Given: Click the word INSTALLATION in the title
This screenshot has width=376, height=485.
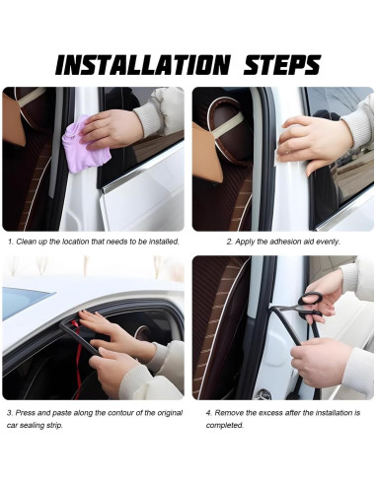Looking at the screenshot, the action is click(x=142, y=65).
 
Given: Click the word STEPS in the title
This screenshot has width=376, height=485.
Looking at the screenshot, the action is click(x=282, y=65).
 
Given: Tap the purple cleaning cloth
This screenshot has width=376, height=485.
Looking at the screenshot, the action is click(x=87, y=146).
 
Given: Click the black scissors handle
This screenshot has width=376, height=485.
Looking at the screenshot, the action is click(x=311, y=299).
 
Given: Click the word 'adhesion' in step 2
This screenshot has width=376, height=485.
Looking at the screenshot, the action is click(x=282, y=242).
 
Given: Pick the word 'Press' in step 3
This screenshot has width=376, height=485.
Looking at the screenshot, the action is click(x=25, y=413).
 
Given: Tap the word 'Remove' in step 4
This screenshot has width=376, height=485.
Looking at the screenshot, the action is click(x=226, y=413).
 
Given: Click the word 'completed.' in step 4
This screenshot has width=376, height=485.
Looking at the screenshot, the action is click(x=225, y=425).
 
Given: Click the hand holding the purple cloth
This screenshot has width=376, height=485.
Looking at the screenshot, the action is click(x=112, y=129).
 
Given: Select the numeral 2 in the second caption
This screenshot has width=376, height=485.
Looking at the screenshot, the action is click(x=229, y=242).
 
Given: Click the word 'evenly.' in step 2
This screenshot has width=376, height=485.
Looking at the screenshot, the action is click(x=328, y=242).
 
